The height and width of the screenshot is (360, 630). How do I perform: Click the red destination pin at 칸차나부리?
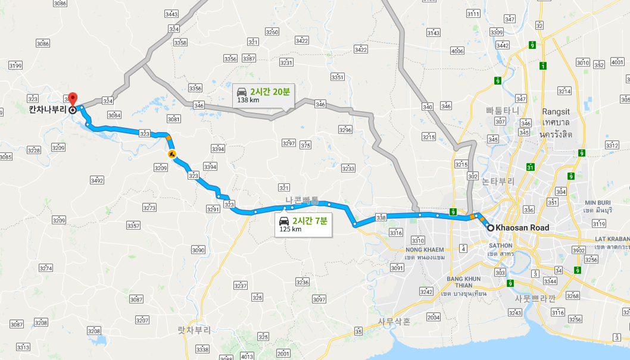tap(73, 99)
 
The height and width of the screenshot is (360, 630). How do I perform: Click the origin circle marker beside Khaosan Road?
tap(490, 228)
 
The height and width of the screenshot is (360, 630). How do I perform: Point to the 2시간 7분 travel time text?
tap(310, 221)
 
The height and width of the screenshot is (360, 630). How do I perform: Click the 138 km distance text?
tap(248, 100)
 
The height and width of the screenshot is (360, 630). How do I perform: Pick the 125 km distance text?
tap(290, 229)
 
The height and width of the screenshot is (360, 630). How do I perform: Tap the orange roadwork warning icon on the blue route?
tap(172, 154)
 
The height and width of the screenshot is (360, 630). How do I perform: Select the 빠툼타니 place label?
tap(503, 111)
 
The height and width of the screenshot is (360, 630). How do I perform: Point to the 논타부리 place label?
tap(498, 181)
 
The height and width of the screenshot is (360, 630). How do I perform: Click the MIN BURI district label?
tap(598, 203)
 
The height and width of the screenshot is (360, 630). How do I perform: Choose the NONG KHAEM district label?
tap(425, 250)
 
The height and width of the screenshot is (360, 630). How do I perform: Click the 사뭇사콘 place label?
tap(394, 321)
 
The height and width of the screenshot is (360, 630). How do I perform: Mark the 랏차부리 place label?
tap(194, 329)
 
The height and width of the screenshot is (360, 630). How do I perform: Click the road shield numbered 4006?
tap(457, 51)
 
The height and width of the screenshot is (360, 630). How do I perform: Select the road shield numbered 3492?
tap(96, 180)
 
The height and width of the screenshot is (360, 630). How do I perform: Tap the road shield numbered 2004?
tap(433, 317)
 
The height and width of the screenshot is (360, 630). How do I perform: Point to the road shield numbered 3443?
tap(171, 14)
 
